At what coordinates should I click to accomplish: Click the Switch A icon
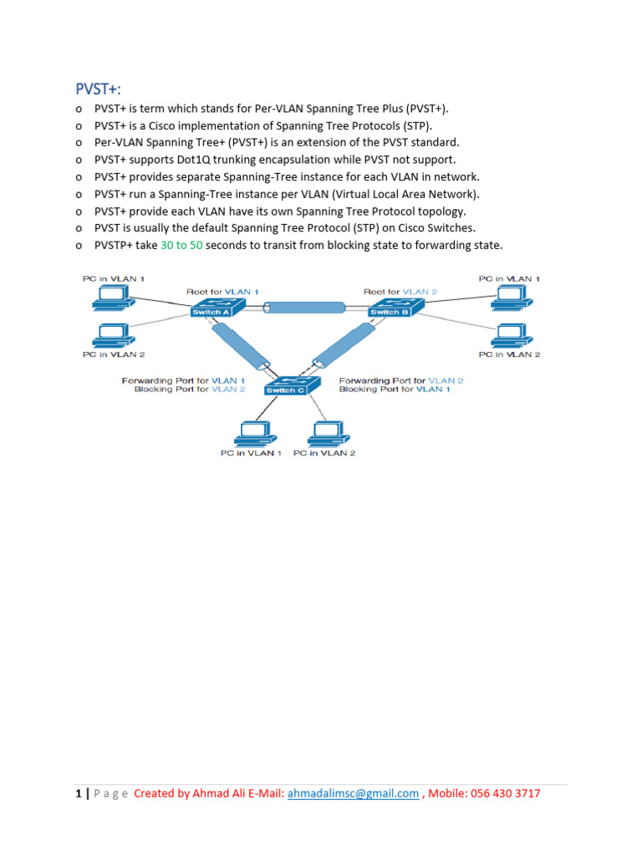point(213,309)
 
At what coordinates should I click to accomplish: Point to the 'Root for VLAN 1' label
point(222,291)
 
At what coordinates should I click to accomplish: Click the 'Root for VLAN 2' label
point(400,291)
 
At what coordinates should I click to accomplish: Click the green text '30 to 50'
point(181,245)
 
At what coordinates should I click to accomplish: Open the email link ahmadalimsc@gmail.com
point(353,793)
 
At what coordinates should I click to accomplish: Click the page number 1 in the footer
point(78,793)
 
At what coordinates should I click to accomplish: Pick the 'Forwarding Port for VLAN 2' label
point(401,380)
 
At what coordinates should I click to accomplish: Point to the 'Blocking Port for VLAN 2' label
point(190,390)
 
